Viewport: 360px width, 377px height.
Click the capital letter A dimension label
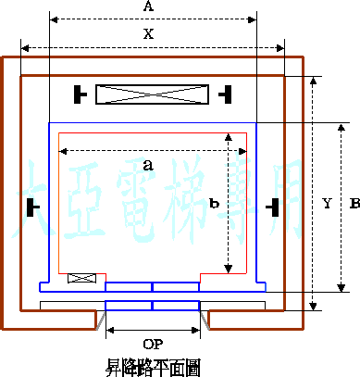coord(148,6)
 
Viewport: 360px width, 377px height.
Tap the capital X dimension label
coord(148,34)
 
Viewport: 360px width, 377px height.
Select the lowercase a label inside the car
coord(147,165)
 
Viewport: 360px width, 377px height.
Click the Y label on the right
coord(326,202)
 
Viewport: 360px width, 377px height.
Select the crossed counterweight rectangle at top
coord(152,94)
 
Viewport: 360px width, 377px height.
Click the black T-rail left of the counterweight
coord(81,94)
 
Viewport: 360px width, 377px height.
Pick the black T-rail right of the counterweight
coord(224,94)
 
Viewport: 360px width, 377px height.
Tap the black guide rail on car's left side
coord(34,205)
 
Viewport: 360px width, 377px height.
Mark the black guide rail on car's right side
coord(272,205)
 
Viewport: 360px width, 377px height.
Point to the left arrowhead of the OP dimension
coord(111,329)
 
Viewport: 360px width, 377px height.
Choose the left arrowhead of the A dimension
coord(53,18)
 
